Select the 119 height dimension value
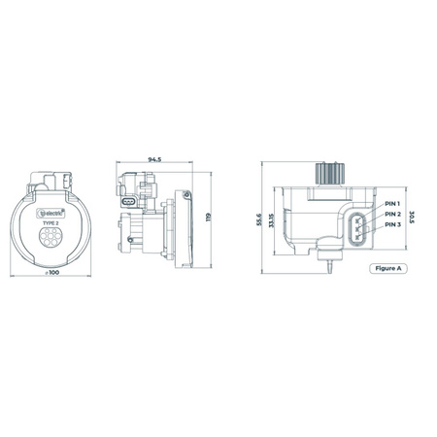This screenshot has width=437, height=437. tap(207, 218)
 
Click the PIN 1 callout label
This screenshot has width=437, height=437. tap(392, 204)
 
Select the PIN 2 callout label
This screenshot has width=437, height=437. tap(392, 214)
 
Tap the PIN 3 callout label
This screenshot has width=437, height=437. tap(392, 224)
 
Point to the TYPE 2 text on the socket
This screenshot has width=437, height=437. tap(49, 221)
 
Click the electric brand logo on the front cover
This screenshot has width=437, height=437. tap(49, 210)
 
